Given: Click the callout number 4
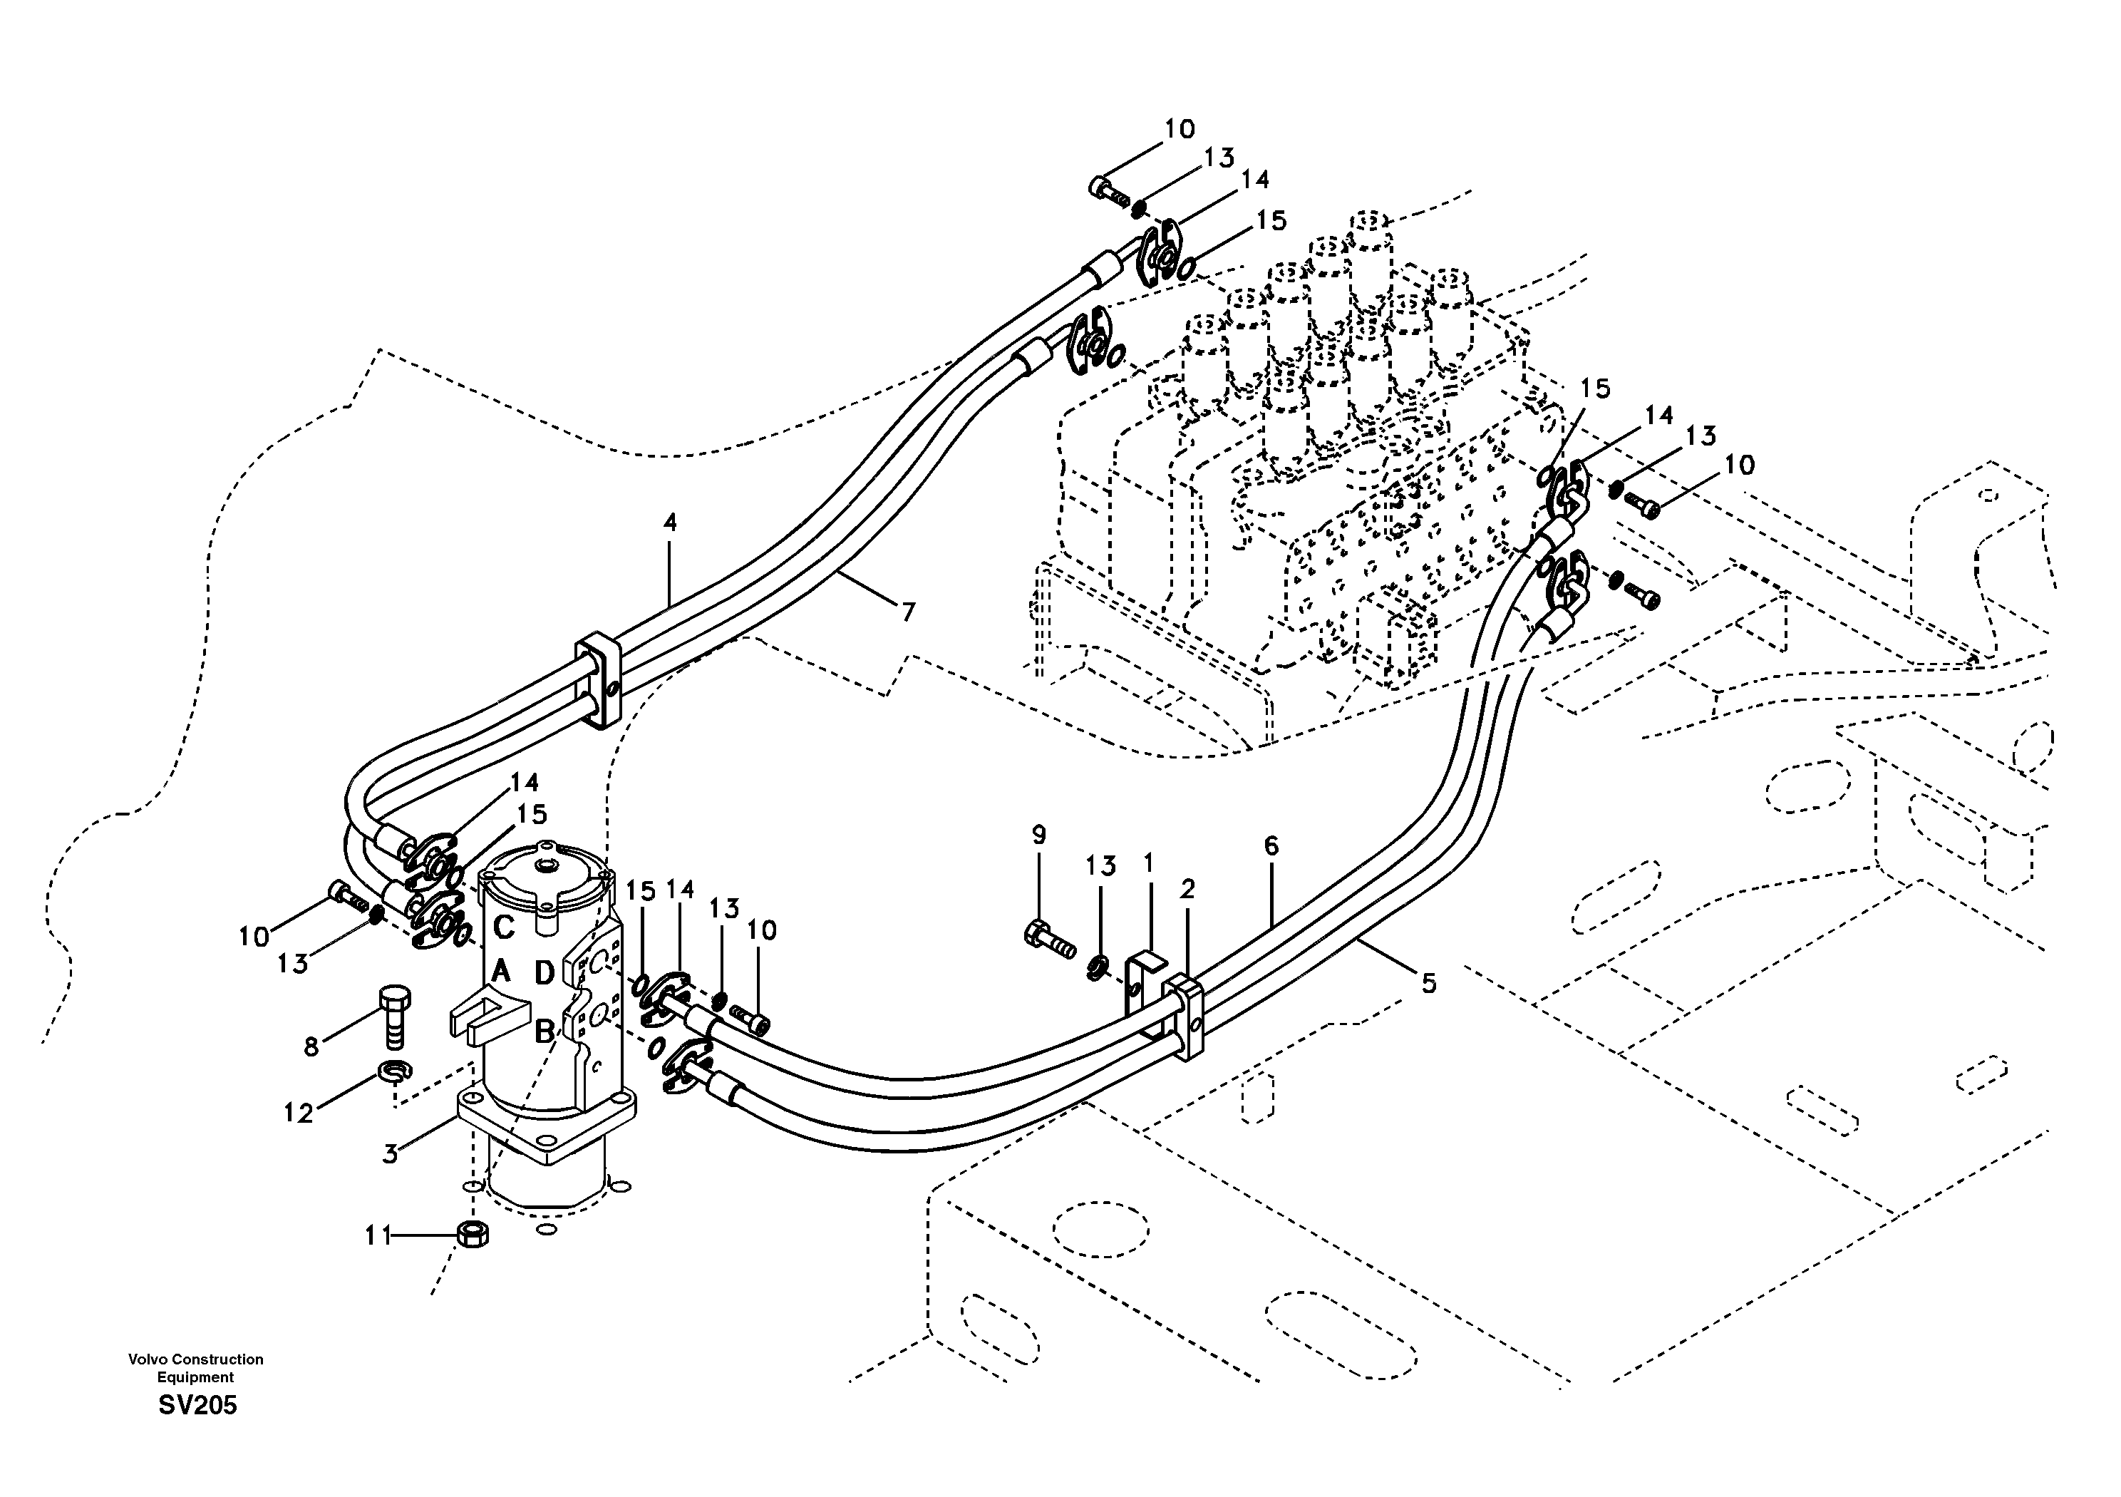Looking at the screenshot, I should [x=670, y=523].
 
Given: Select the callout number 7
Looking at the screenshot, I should [x=908, y=612].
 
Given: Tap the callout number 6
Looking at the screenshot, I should [x=1271, y=845].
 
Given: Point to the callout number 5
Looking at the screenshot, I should [x=1428, y=985].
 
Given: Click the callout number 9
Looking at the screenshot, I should [x=1039, y=835].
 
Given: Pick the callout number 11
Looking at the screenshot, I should [x=378, y=1236].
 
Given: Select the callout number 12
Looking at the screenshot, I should [x=299, y=1113].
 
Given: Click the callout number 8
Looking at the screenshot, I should [x=311, y=1047].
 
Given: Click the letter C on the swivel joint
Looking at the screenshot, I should [x=503, y=926].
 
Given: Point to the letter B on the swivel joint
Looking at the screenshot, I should [x=545, y=1029].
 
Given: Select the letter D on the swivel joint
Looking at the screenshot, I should [x=545, y=973].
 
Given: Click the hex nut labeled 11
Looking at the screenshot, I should [x=473, y=1234].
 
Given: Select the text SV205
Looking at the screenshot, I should [x=197, y=1406].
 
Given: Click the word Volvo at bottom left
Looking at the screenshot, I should [x=146, y=1359].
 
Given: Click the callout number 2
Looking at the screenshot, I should [x=1187, y=890].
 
